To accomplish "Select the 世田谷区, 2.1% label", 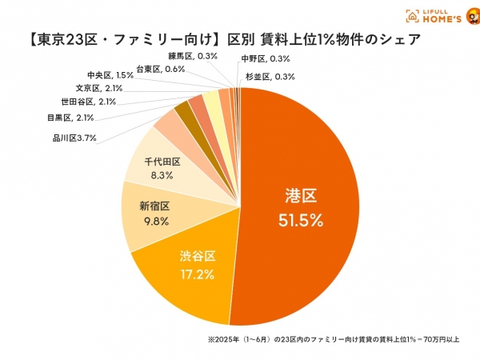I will (x=88, y=102).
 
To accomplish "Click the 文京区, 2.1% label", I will (x=98, y=87).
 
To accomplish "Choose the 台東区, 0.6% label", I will (x=160, y=69).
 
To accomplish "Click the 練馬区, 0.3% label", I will (x=191, y=56).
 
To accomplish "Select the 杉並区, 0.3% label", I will (x=270, y=77).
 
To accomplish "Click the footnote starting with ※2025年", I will (x=334, y=339).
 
